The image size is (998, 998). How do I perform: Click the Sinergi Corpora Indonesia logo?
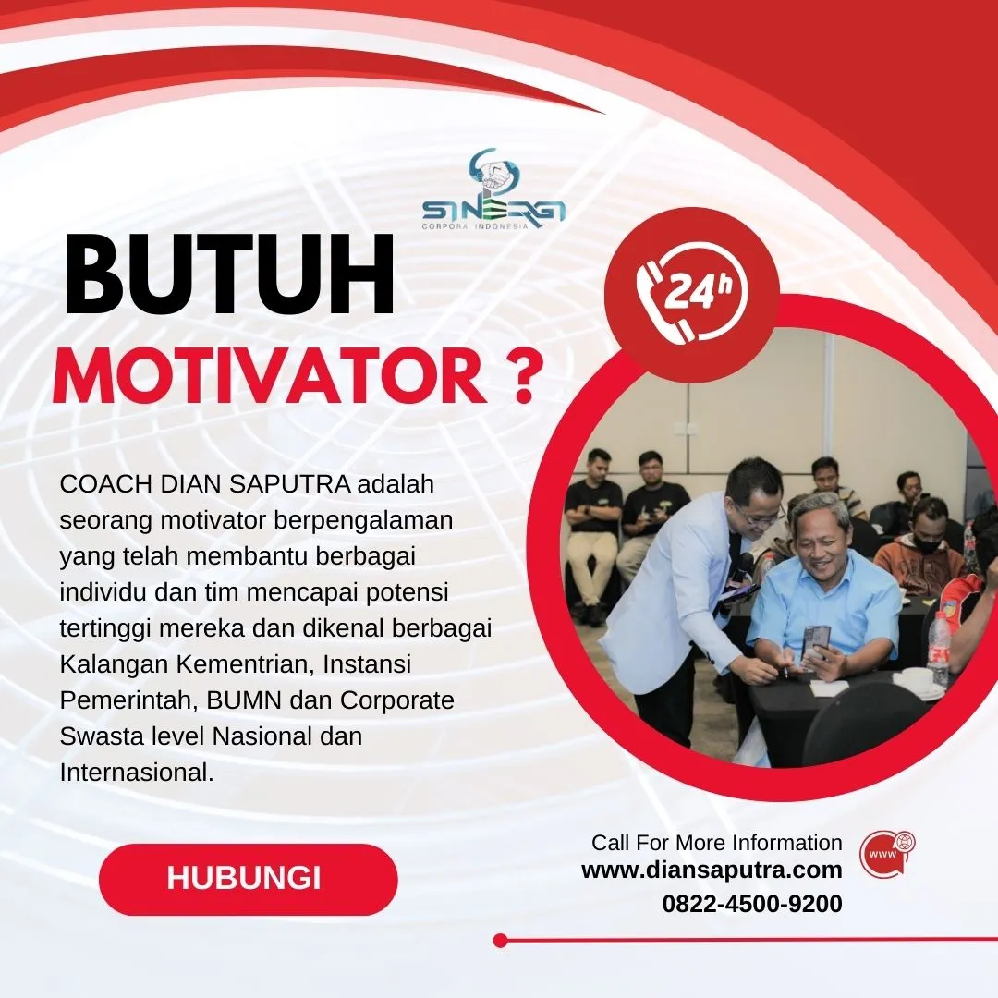tap(493, 190)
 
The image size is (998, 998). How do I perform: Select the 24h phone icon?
tap(691, 294)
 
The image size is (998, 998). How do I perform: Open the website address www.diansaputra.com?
tap(712, 870)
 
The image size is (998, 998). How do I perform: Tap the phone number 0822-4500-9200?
tap(751, 904)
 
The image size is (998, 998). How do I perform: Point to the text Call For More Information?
tap(716, 843)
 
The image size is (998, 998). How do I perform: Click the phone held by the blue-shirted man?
tap(815, 641)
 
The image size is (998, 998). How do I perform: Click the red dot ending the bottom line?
tap(501, 941)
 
